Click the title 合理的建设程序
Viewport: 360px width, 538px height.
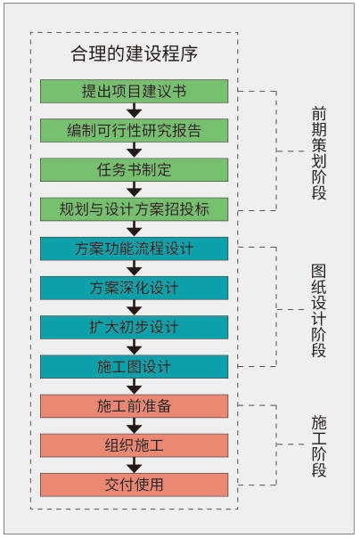pyautogui.click(x=135, y=53)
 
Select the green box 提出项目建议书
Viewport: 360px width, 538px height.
pyautogui.click(x=135, y=91)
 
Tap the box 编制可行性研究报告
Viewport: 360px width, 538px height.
pyautogui.click(x=135, y=130)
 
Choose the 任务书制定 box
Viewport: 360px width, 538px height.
pyautogui.click(x=135, y=170)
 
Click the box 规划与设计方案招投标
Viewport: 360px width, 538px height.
pyautogui.click(x=135, y=209)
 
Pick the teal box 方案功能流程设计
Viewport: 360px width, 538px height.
pyautogui.click(x=135, y=249)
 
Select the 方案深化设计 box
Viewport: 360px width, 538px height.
pyautogui.click(x=135, y=288)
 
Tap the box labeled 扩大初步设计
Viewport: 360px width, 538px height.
pyautogui.click(x=135, y=327)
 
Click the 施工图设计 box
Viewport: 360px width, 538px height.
pyautogui.click(x=135, y=367)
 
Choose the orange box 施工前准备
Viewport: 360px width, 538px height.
pyautogui.click(x=135, y=406)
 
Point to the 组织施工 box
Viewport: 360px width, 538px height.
pyautogui.click(x=135, y=445)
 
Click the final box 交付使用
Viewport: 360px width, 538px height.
pyautogui.click(x=135, y=485)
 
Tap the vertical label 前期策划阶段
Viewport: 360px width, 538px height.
pyautogui.click(x=319, y=153)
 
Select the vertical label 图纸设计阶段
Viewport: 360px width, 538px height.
pyautogui.click(x=319, y=311)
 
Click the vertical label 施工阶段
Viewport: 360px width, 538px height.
pyautogui.click(x=319, y=446)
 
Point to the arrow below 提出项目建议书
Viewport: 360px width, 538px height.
pyautogui.click(x=135, y=110)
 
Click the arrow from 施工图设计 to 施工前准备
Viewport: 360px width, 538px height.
pyautogui.click(x=135, y=387)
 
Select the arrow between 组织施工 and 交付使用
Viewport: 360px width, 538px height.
pyautogui.click(x=135, y=465)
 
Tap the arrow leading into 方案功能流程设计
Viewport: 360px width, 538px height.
pyautogui.click(x=135, y=229)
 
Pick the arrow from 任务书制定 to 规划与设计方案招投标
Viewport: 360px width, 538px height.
pyautogui.click(x=135, y=190)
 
